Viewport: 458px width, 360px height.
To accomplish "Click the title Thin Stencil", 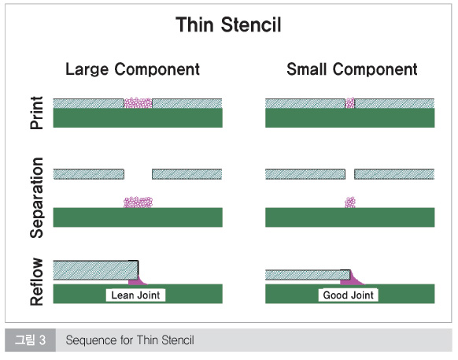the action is pyautogui.click(x=228, y=24).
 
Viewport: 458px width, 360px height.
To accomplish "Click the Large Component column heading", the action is pyautogui.click(x=133, y=70).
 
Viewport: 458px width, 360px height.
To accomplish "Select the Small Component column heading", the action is pyautogui.click(x=352, y=69).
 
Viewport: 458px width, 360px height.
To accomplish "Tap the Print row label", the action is pyautogui.click(x=37, y=113).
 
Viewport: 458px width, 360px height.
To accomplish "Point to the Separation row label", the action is pyautogui.click(x=37, y=198).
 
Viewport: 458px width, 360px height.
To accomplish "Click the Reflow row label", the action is pyautogui.click(x=37, y=282).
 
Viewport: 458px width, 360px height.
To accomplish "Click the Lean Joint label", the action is pyautogui.click(x=135, y=295).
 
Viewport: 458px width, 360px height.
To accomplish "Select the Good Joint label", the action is pyautogui.click(x=348, y=295).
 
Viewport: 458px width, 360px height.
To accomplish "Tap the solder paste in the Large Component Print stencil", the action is pyautogui.click(x=139, y=103).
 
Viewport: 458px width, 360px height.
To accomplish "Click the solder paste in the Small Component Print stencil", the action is pyautogui.click(x=350, y=103).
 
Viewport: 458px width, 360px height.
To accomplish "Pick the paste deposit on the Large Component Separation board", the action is pyautogui.click(x=139, y=202).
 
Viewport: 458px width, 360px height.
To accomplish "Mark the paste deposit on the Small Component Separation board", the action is pyautogui.click(x=350, y=202).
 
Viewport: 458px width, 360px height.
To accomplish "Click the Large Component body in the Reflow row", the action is pyautogui.click(x=95, y=270).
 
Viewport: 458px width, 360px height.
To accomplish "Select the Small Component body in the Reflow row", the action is pyautogui.click(x=308, y=275).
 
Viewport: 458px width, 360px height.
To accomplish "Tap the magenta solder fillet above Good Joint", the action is pyautogui.click(x=352, y=279).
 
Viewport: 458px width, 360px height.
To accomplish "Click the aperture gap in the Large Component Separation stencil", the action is pyautogui.click(x=138, y=174).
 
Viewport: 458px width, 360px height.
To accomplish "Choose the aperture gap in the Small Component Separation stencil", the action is pyautogui.click(x=349, y=174).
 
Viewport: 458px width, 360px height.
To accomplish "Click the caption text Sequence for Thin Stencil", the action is pyautogui.click(x=130, y=340).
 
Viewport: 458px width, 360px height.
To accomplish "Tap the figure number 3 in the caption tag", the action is pyautogui.click(x=42, y=340).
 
